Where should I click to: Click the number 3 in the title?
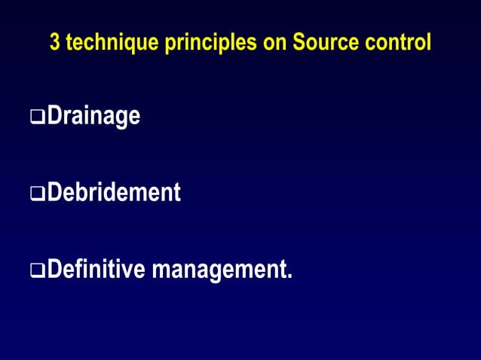[54, 43]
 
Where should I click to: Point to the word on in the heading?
[269, 44]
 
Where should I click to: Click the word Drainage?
[93, 117]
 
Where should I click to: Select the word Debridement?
[113, 193]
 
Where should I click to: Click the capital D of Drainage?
[54, 117]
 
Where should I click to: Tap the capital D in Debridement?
[54, 193]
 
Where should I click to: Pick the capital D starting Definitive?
[54, 269]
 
